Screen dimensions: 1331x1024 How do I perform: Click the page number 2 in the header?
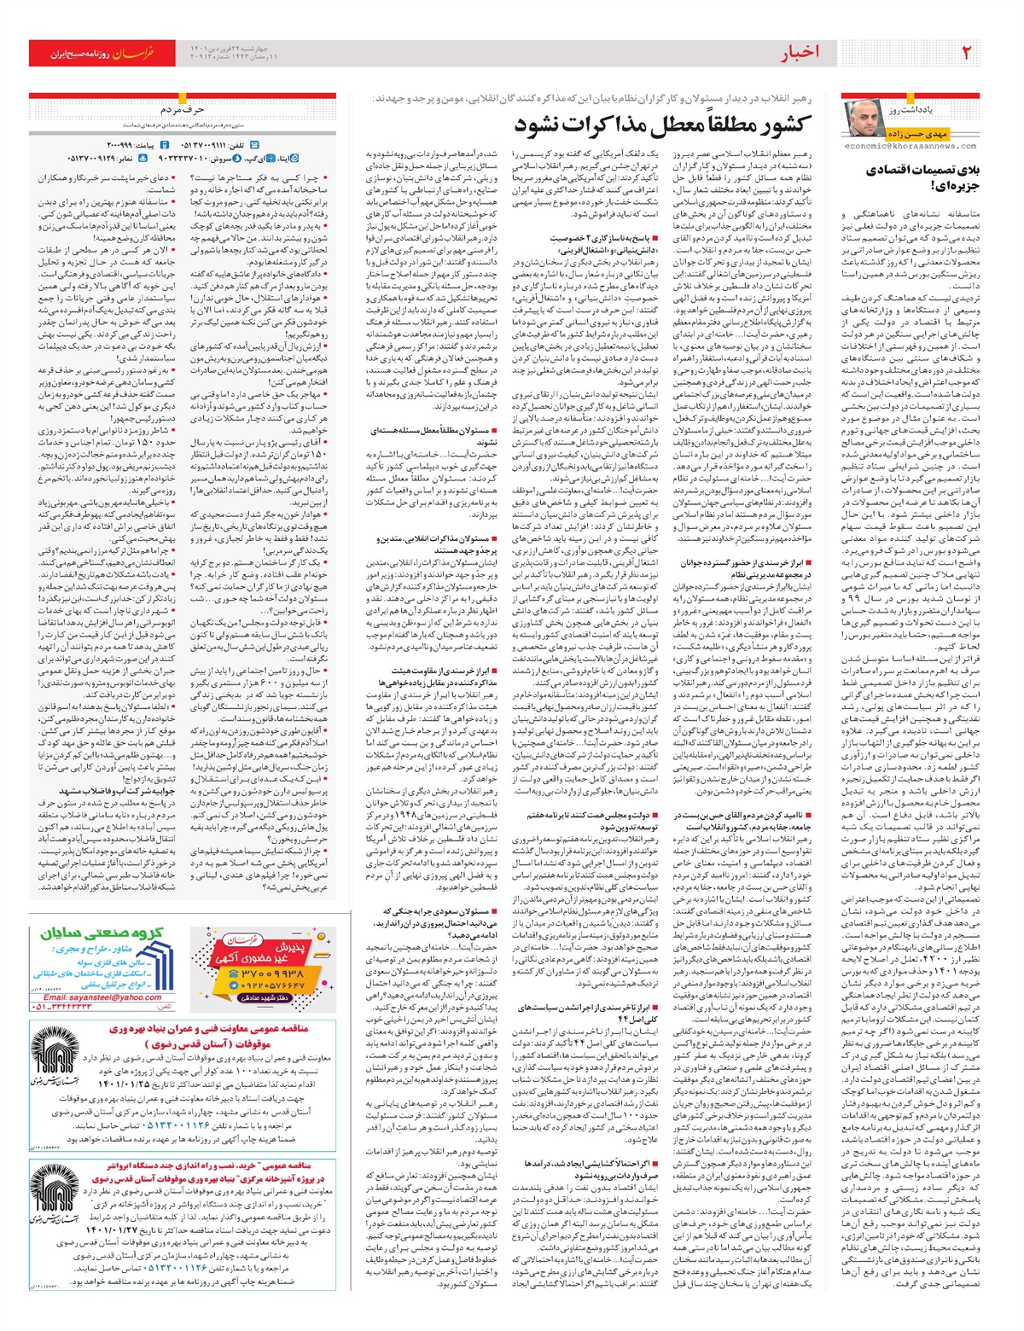click(966, 53)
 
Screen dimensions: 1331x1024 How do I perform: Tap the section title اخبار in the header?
click(799, 53)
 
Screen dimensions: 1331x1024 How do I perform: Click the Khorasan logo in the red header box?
click(132, 53)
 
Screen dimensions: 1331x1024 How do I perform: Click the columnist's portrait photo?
click(861, 118)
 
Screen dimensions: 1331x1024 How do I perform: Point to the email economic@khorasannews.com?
click(909, 146)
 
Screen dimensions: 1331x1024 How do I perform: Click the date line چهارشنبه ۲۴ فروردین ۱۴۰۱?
click(230, 48)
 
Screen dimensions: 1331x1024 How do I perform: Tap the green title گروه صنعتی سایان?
click(102, 933)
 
